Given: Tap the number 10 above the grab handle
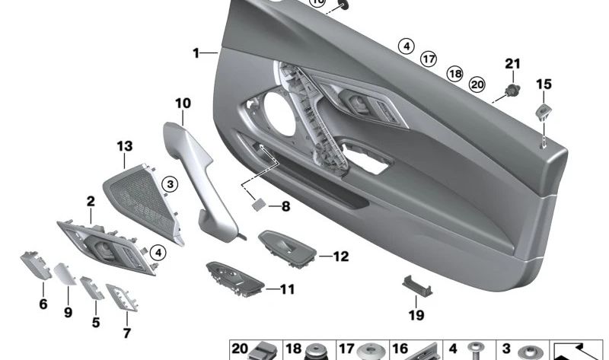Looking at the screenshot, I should point(183,102).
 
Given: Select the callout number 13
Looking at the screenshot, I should point(124,145).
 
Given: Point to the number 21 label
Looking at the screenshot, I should point(512,63).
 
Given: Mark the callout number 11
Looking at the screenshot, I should point(286,289).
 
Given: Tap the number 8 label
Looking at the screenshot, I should point(285,205).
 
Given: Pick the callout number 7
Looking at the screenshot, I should point(126,333).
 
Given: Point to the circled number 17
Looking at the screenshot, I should point(429,58).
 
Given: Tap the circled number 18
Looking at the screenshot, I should point(454,73).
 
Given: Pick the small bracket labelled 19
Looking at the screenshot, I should point(414,284).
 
